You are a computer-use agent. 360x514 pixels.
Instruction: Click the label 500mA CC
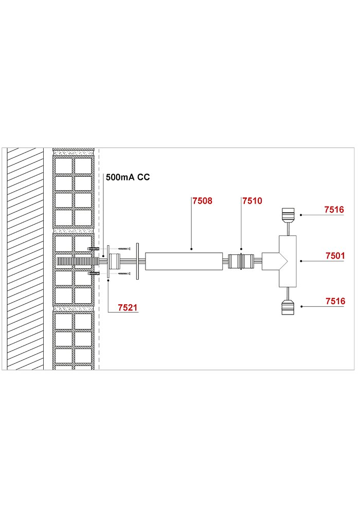[x=128, y=177]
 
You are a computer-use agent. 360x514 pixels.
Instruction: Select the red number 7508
[x=202, y=200]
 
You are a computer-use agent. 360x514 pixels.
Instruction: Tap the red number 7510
[x=252, y=200]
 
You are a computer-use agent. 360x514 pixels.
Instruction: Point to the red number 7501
[x=335, y=255]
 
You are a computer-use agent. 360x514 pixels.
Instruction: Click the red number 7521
[x=128, y=307]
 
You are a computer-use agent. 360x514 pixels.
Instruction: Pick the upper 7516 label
[x=334, y=210]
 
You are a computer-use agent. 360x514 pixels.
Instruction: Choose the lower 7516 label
[x=335, y=301]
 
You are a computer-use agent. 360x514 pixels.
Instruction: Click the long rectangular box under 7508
[x=184, y=261]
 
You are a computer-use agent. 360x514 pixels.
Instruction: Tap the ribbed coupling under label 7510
[x=241, y=261]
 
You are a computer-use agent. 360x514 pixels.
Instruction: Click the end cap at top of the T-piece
[x=288, y=214]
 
